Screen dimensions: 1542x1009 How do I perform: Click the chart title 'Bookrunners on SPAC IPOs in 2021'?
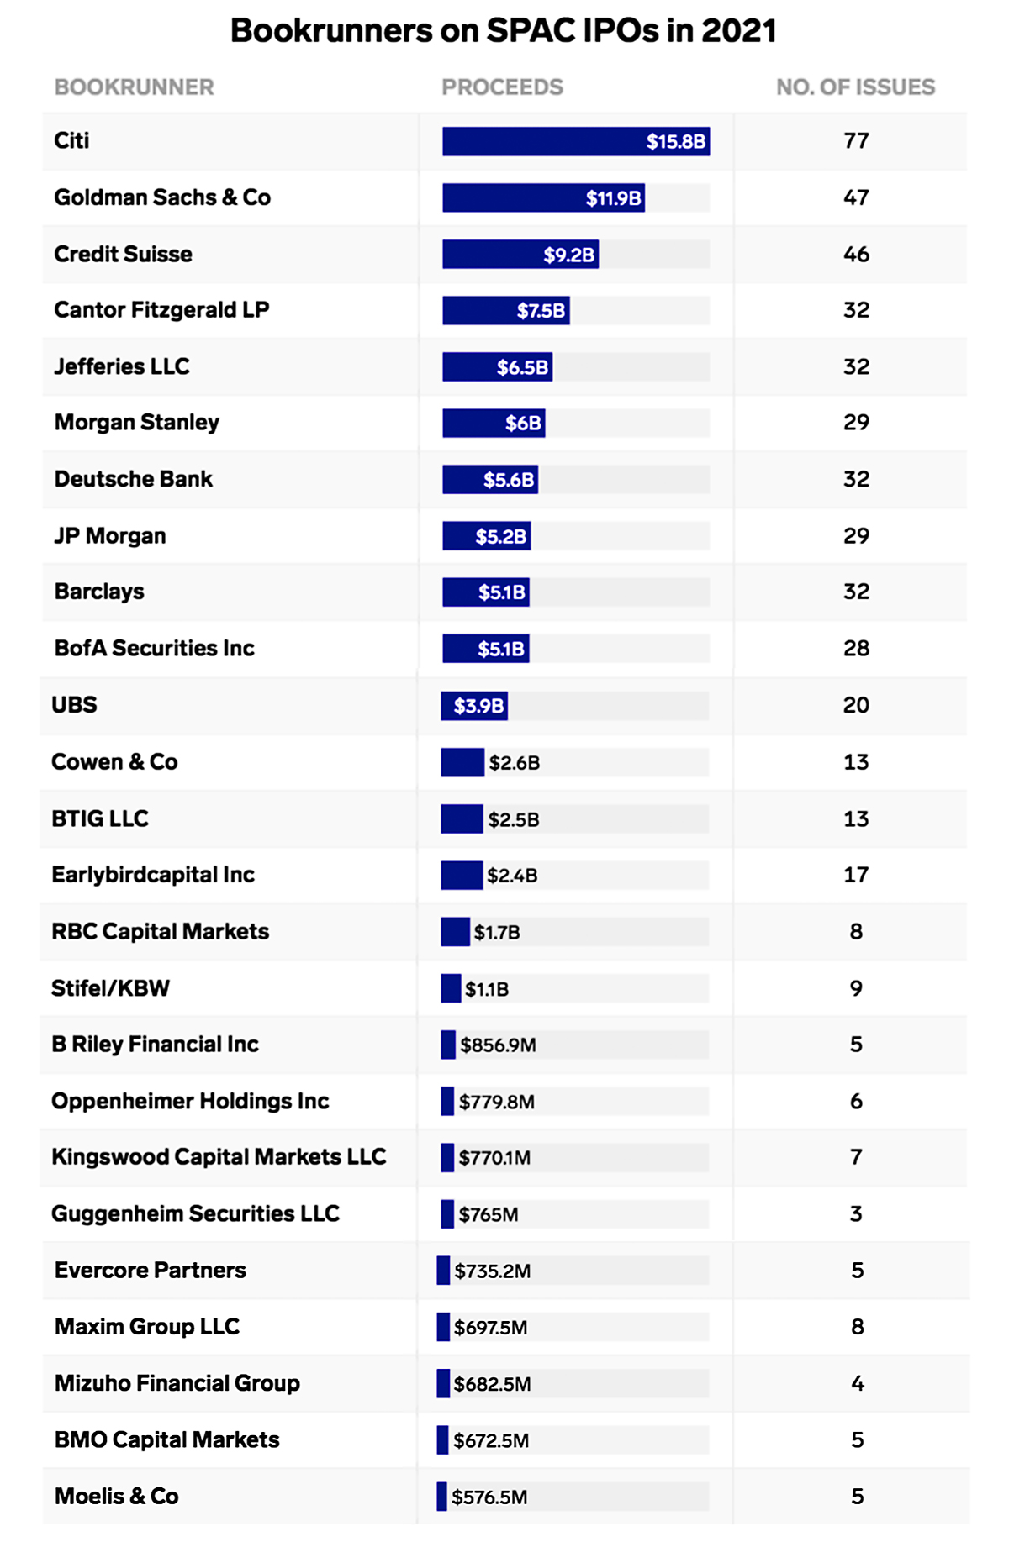click(x=503, y=31)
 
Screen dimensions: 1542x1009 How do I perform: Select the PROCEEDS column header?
click(x=502, y=87)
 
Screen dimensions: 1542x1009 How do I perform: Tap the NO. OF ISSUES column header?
click(x=855, y=87)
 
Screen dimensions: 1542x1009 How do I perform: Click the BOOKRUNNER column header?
click(x=134, y=87)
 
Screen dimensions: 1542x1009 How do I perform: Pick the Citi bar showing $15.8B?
click(x=575, y=141)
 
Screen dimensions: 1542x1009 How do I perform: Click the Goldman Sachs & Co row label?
click(x=162, y=197)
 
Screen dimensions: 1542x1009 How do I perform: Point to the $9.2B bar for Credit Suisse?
click(x=520, y=255)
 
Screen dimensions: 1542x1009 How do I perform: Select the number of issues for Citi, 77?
click(x=856, y=141)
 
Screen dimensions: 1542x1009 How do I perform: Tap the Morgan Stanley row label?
click(x=137, y=423)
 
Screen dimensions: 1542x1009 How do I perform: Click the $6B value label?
click(x=523, y=424)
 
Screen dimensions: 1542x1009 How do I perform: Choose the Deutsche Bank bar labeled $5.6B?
click(x=490, y=480)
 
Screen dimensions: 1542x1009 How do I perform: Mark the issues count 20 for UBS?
click(x=856, y=705)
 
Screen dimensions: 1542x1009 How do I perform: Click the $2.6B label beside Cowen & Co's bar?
click(x=515, y=763)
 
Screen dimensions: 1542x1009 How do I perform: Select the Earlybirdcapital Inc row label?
click(x=153, y=875)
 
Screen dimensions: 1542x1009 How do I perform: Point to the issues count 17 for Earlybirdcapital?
click(x=856, y=875)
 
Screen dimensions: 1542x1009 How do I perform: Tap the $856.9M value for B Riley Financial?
click(x=498, y=1045)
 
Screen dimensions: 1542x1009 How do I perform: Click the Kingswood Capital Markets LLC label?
click(x=219, y=1157)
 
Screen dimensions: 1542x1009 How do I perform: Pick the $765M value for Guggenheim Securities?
click(x=489, y=1215)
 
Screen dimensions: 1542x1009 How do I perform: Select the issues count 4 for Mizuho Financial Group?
click(x=857, y=1383)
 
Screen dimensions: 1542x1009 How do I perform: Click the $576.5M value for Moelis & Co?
click(x=489, y=1497)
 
